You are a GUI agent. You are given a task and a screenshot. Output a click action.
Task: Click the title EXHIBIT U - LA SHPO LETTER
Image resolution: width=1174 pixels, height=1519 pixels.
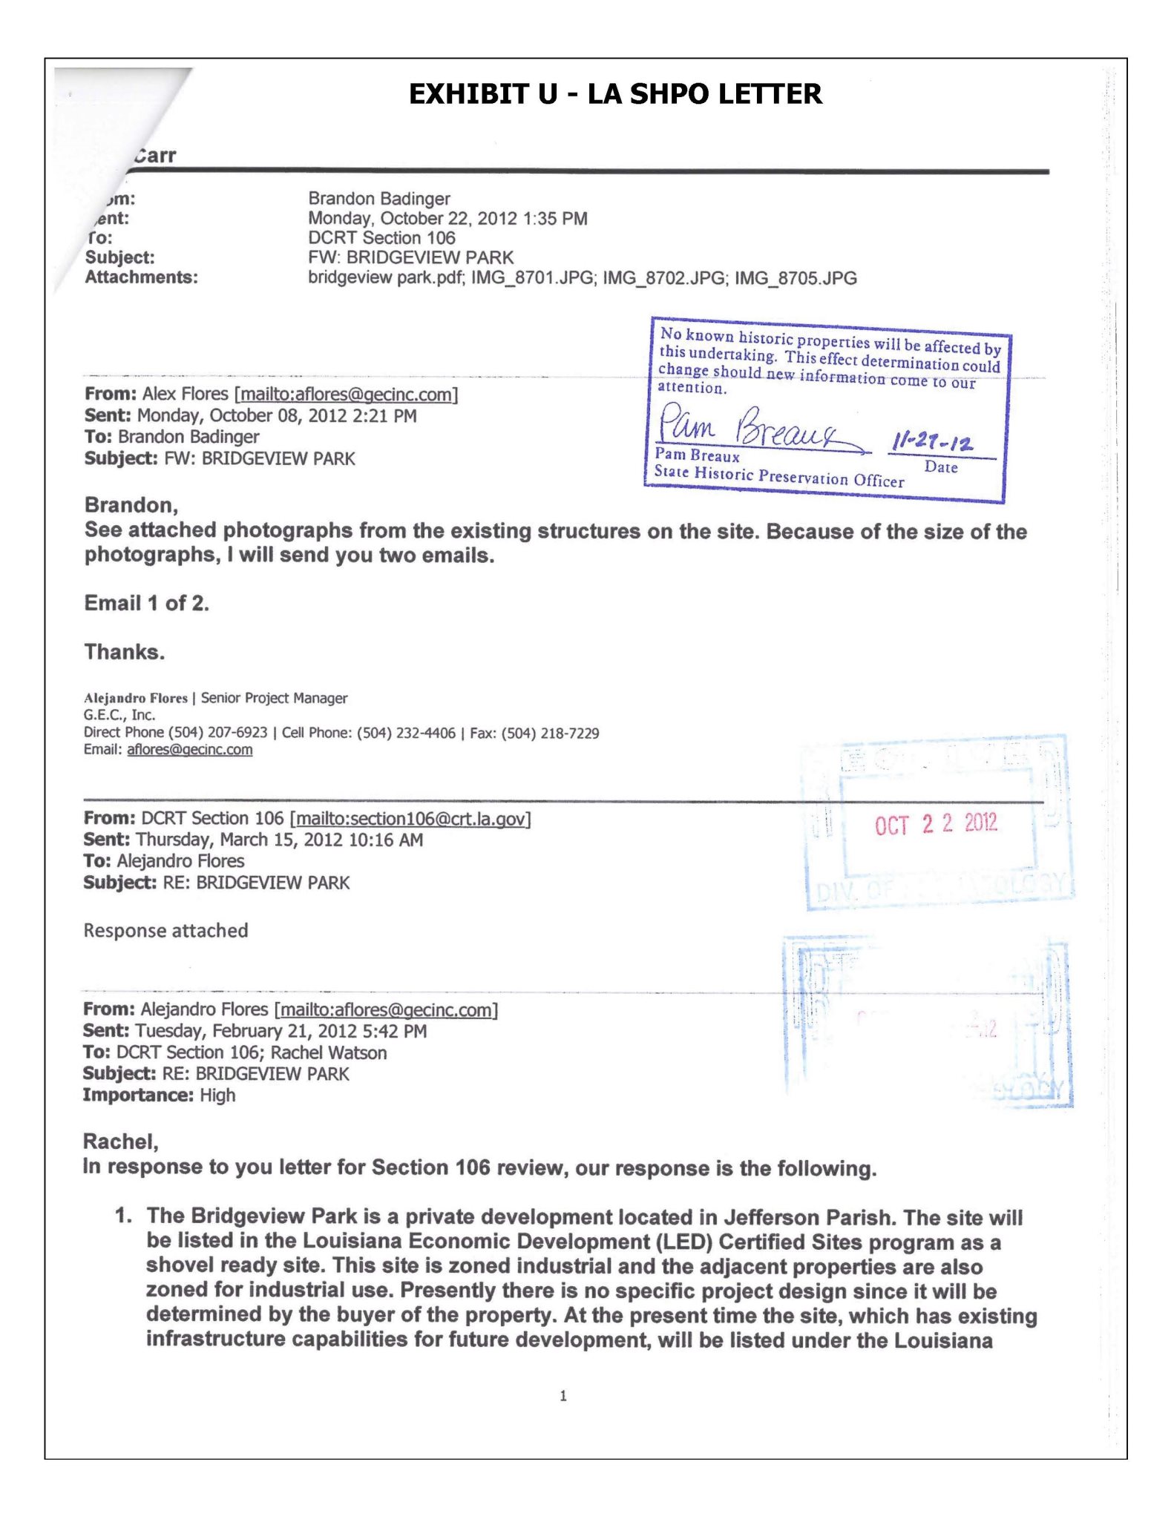coord(615,94)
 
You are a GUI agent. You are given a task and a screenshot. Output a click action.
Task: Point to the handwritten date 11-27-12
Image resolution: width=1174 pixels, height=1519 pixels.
coord(932,442)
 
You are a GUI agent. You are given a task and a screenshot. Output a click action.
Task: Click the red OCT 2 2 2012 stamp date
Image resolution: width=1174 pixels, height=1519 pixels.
coord(936,824)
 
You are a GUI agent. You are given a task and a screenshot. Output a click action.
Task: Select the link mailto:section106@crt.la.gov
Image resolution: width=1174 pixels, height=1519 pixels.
coord(410,819)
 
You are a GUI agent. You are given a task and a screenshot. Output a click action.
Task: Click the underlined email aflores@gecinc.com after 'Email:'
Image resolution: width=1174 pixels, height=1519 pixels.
coord(189,750)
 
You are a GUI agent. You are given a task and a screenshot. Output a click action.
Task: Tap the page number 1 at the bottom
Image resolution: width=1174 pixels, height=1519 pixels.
coord(563,1396)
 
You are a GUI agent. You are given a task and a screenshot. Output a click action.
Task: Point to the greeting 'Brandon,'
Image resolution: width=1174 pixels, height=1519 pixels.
coord(131,505)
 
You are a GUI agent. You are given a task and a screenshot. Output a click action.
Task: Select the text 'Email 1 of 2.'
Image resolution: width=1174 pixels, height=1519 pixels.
coord(147,603)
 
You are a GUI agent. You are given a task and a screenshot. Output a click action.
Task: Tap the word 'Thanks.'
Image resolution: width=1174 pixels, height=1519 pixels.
coord(125,652)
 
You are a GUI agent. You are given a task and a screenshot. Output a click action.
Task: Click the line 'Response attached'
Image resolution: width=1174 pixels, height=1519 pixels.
coord(165,931)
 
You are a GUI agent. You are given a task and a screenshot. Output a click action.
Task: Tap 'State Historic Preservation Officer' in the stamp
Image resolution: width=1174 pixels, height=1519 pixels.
coord(778,476)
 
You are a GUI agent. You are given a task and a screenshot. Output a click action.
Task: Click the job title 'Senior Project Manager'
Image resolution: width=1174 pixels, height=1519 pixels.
coord(274,698)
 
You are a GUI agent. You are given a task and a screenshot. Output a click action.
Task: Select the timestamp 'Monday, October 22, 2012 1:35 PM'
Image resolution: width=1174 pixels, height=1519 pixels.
coord(447,219)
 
